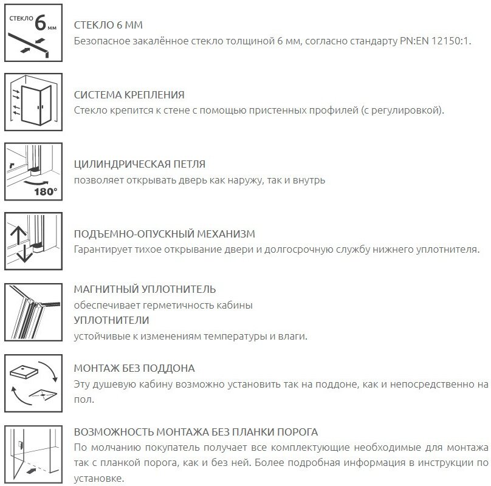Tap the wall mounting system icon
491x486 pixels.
pyautogui.click(x=33, y=101)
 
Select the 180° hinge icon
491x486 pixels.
pyautogui.click(x=33, y=172)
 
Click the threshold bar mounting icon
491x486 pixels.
pyautogui.click(x=33, y=453)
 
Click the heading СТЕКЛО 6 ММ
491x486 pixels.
pyautogui.click(x=108, y=26)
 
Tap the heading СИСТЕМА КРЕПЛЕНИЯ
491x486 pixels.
pyautogui.click(x=129, y=95)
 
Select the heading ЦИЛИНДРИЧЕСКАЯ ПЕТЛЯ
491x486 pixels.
pyautogui.click(x=139, y=165)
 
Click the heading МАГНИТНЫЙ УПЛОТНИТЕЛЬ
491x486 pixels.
pyautogui.click(x=145, y=289)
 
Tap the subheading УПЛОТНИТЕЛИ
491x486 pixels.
pyautogui.click(x=111, y=320)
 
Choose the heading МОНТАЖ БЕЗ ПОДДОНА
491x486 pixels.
pyautogui.click(x=134, y=369)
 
